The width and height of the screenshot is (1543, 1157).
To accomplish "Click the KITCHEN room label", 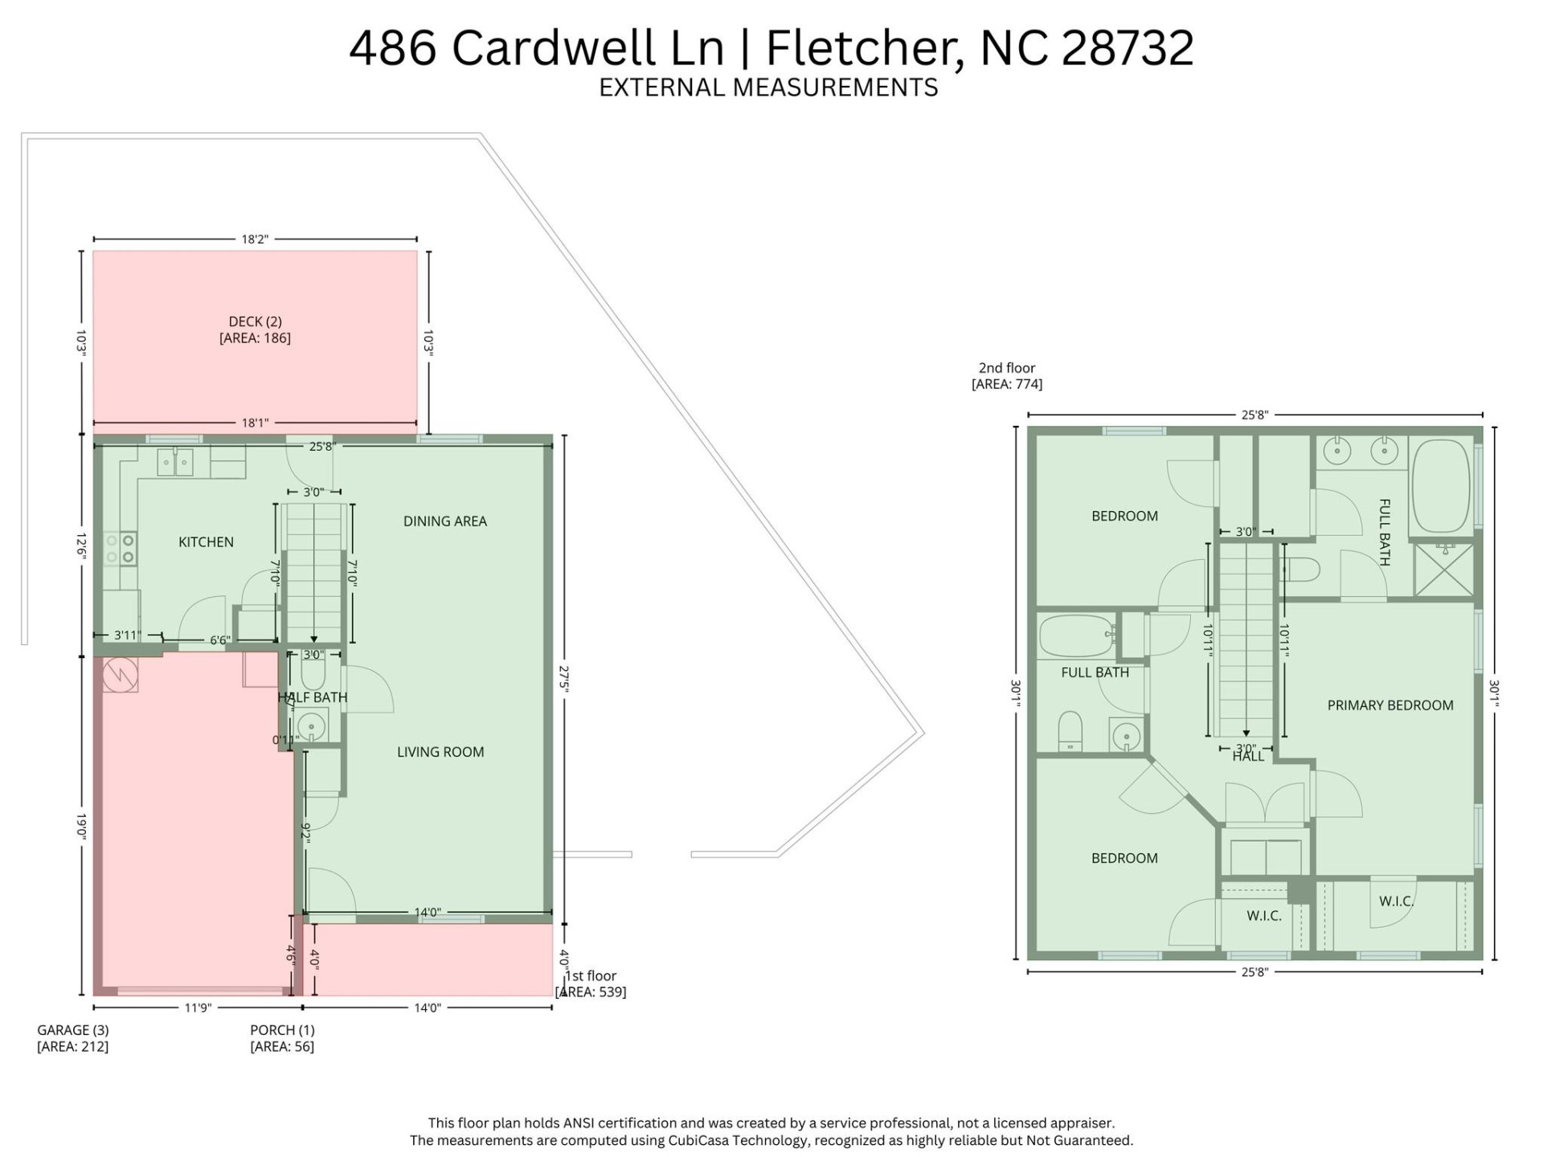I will click(206, 542).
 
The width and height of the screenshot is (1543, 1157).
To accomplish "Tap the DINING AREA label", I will click(444, 521).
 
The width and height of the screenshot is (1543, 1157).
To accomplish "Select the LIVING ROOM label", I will click(440, 752).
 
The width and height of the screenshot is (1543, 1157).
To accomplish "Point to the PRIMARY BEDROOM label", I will click(1390, 705).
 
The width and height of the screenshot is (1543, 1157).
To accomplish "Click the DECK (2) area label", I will click(255, 329).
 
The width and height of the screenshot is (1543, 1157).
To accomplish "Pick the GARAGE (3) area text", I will click(72, 1037).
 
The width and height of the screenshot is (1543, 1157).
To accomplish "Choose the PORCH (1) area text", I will click(282, 1037).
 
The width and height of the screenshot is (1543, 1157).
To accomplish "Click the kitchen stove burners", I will click(120, 549).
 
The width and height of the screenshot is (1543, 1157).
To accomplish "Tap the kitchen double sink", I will click(174, 463).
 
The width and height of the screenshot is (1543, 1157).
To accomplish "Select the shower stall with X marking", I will click(1443, 570).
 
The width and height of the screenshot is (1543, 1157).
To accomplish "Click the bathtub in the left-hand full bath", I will click(1075, 636).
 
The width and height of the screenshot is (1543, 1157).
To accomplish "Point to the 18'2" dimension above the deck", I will click(255, 239).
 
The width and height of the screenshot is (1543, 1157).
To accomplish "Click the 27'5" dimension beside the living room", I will click(564, 679).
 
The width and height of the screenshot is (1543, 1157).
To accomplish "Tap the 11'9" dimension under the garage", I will click(197, 1008).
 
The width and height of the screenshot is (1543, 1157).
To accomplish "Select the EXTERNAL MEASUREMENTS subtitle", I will click(768, 88).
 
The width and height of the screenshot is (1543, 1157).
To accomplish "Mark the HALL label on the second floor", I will click(1248, 756).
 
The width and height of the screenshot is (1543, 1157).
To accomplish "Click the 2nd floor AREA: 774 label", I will click(1006, 376).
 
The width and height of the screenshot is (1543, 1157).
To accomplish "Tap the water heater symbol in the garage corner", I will click(121, 675).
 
